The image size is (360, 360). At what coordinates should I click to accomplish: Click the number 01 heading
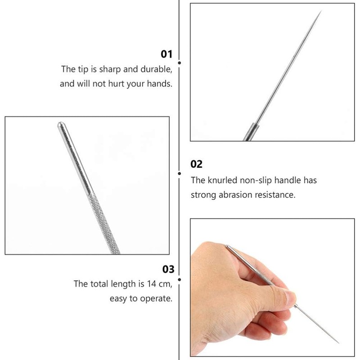click(x=166, y=54)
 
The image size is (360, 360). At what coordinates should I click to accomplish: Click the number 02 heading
click(x=197, y=164)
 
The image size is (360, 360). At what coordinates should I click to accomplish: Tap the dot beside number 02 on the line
click(x=180, y=173)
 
